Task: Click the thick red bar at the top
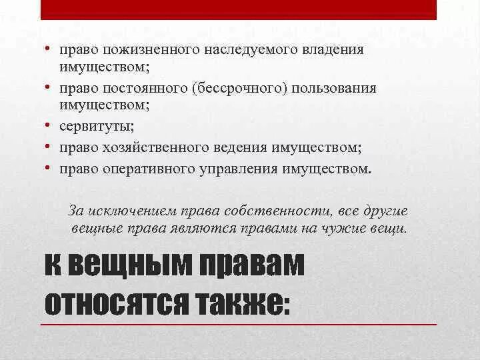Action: [239, 10]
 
